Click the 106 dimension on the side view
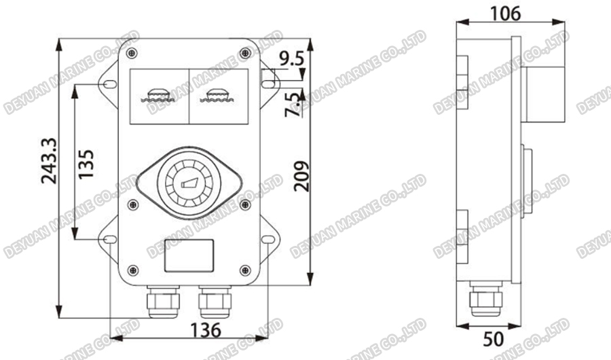coord(505,13)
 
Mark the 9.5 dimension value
coord(291,58)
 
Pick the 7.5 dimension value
coord(292,104)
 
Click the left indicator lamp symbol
coord(157,94)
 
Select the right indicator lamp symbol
coord(218,94)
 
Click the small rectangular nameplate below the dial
coord(189,255)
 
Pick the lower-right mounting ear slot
coord(268,240)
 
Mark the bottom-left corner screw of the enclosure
coord(132,272)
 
